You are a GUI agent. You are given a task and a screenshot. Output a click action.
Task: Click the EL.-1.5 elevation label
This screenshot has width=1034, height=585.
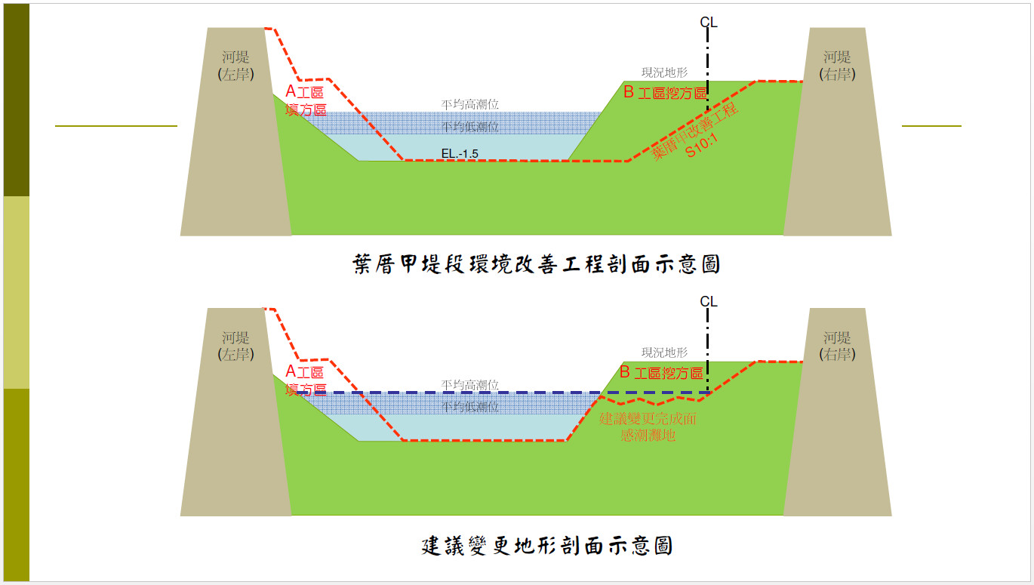pos(460,155)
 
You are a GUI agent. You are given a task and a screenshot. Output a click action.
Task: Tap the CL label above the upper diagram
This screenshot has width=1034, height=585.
pos(708,23)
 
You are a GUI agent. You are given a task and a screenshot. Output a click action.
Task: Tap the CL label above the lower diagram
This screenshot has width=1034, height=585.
pos(708,302)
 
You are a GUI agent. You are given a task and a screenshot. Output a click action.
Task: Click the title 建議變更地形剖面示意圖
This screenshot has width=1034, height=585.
pos(547,545)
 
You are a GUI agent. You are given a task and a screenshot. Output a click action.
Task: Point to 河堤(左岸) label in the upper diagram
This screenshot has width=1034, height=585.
pos(235,66)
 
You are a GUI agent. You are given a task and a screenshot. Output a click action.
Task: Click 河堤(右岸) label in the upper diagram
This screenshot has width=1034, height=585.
pos(837,66)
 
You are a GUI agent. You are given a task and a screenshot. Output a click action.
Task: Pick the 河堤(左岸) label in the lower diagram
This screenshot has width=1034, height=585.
pos(235,346)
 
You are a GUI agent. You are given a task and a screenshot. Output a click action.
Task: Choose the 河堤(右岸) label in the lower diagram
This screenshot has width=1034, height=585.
pos(837,346)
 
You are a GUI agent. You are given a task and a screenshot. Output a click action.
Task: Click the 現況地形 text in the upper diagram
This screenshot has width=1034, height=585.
pos(664,72)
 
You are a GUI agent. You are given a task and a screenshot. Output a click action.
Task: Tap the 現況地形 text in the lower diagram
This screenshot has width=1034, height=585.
pos(664,353)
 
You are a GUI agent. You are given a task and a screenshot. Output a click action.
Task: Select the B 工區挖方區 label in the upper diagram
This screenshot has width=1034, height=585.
pos(665,94)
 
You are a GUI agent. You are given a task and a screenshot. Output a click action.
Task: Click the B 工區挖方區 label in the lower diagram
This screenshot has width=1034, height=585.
pos(661,373)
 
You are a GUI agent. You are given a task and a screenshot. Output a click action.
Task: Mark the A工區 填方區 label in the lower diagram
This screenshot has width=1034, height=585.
pos(306,380)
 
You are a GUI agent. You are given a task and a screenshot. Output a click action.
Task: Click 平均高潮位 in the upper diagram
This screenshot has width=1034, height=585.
pos(470,105)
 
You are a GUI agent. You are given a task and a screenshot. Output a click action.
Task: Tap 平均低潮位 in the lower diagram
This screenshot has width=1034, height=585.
pos(470,407)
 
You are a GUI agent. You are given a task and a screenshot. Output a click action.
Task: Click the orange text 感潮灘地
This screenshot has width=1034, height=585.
pos(648,436)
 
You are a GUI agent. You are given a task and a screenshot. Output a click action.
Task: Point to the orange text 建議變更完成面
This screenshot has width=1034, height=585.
pos(648,419)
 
